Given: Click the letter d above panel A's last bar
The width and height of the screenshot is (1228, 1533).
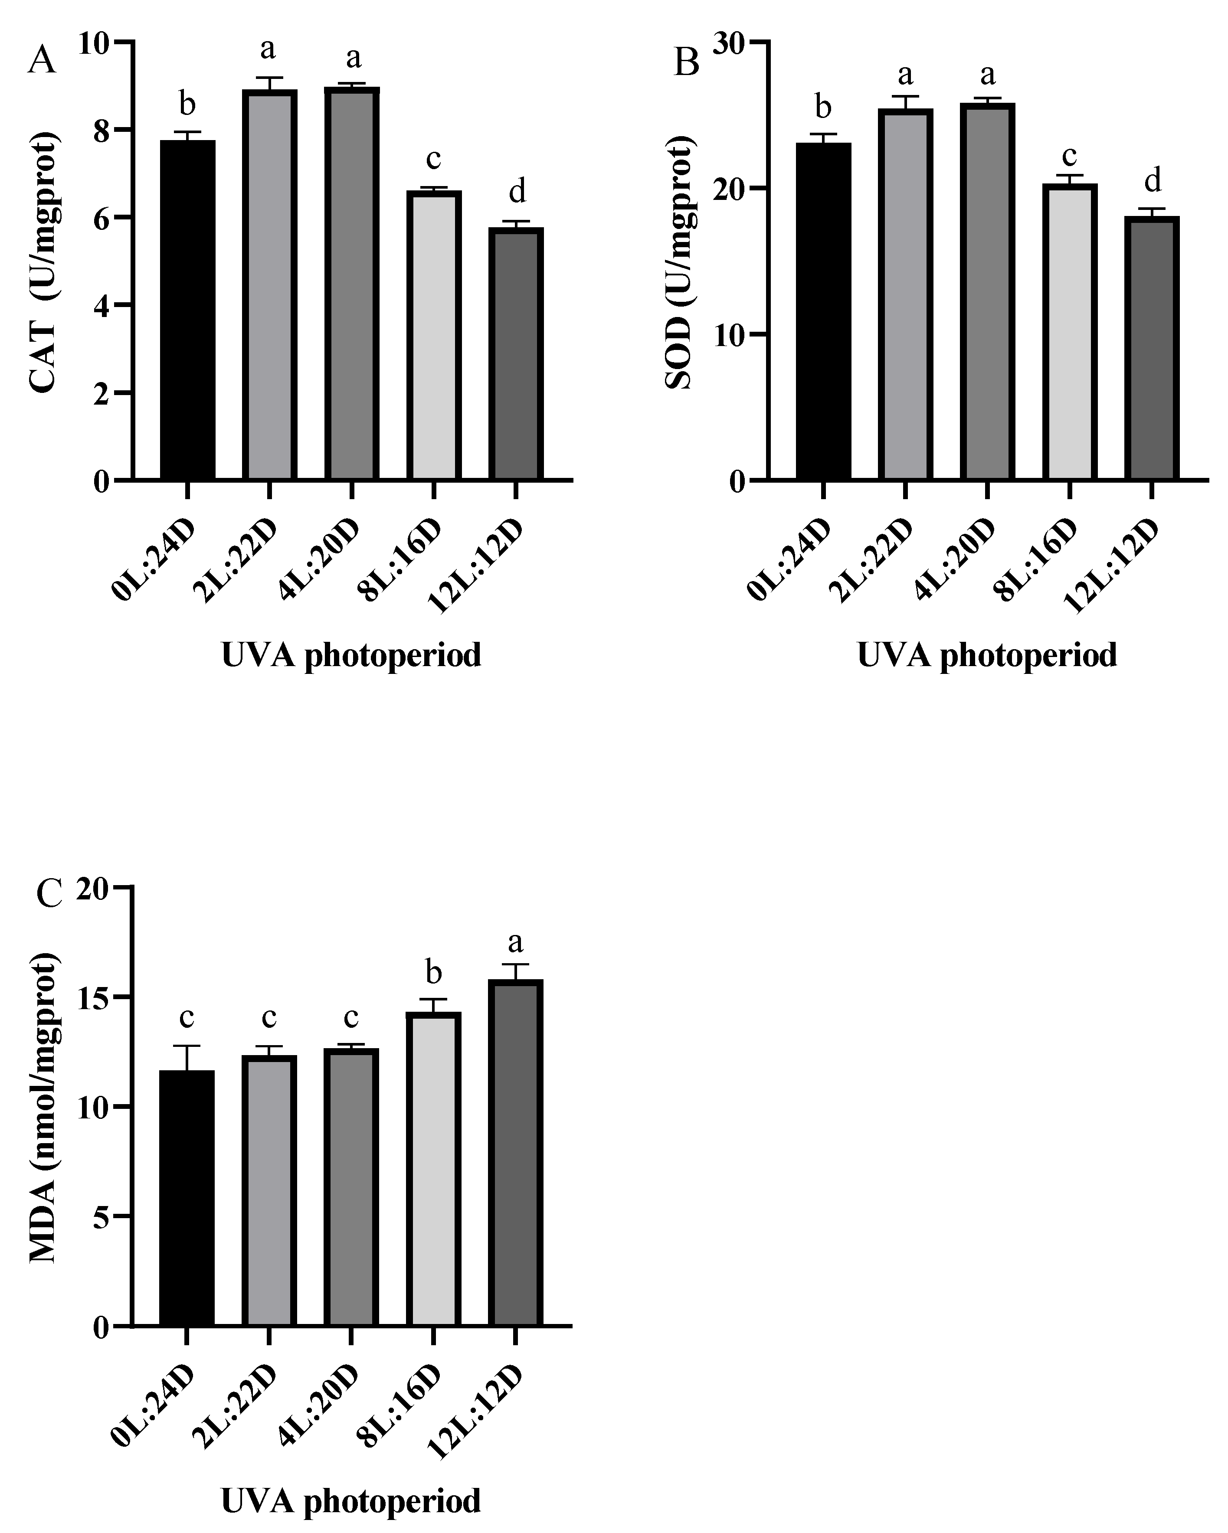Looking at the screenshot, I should (x=517, y=192).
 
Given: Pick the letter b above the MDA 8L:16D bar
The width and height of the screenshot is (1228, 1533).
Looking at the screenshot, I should (x=433, y=972).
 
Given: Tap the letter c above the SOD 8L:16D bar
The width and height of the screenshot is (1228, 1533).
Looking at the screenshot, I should (x=1069, y=154).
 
